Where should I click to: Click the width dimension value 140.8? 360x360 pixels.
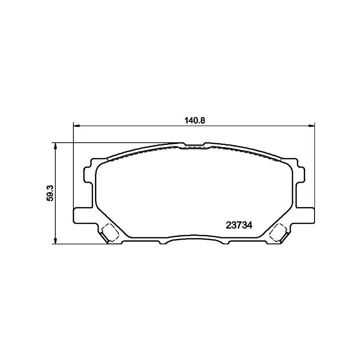coord(194,120)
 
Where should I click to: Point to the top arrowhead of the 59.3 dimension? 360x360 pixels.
coord(55,145)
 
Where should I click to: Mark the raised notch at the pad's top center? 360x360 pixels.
coord(193,145)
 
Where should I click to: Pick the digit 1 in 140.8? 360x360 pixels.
coord(186,120)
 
